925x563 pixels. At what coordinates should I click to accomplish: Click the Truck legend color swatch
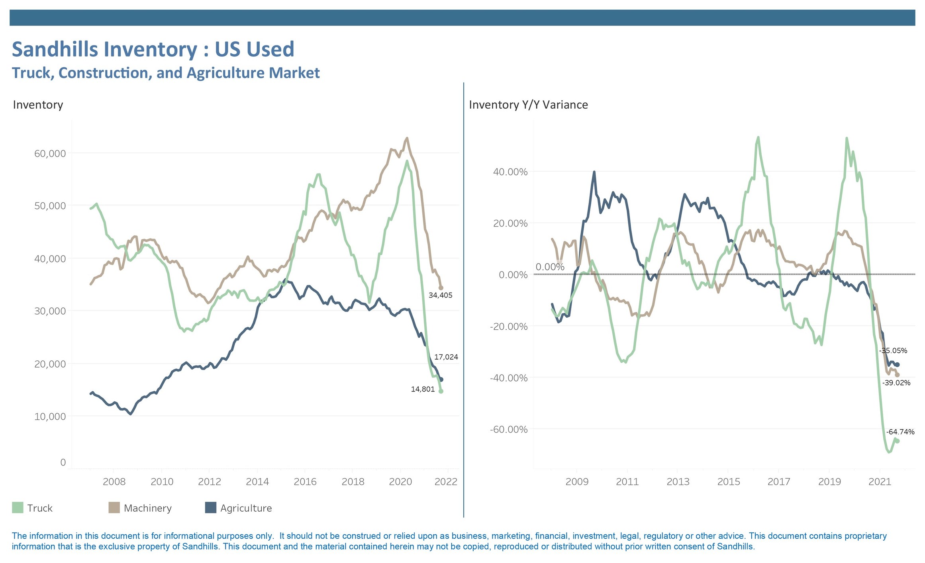(x=18, y=508)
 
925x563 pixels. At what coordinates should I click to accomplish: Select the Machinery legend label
(x=147, y=508)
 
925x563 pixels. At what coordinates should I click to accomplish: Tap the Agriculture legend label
(x=246, y=508)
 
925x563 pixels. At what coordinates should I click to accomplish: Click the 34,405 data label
(x=440, y=295)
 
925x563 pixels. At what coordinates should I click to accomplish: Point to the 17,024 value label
(x=446, y=357)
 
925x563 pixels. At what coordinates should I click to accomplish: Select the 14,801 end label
(x=423, y=389)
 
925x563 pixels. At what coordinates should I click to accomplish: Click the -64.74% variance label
(x=900, y=432)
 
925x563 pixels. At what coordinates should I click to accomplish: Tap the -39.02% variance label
(x=896, y=383)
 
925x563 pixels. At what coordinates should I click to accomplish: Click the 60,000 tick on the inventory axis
(x=50, y=153)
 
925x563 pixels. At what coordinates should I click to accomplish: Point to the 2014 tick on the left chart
(x=257, y=481)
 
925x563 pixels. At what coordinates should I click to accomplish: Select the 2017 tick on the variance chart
(x=778, y=481)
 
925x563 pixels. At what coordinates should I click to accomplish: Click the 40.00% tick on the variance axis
(x=510, y=172)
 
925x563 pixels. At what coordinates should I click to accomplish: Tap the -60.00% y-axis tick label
(x=508, y=429)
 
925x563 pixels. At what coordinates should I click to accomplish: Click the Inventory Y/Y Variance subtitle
(x=528, y=105)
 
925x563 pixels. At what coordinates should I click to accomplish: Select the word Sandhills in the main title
(x=55, y=49)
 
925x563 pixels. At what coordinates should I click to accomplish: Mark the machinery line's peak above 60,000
(x=407, y=138)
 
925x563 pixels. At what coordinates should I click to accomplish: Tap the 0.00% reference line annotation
(x=550, y=267)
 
